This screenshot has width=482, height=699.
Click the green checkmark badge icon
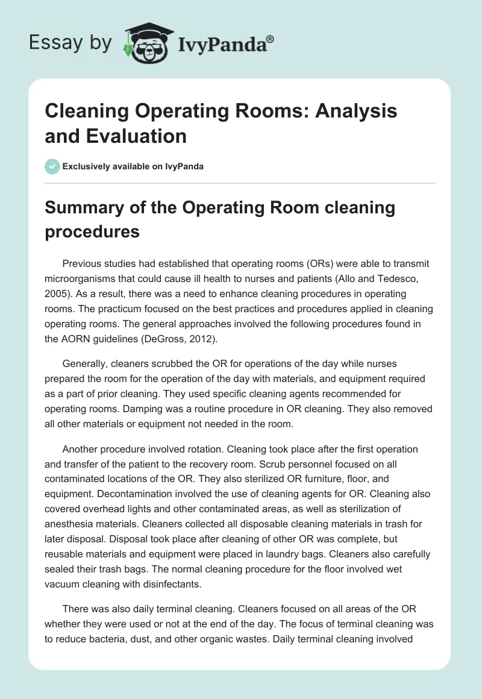point(52,166)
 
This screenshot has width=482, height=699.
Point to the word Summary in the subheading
point(83,208)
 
